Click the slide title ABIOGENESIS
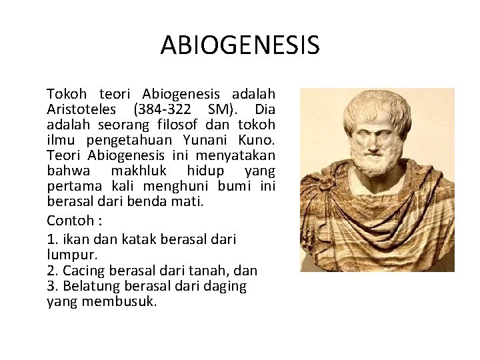coord(240,45)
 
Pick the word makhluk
coord(137,171)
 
